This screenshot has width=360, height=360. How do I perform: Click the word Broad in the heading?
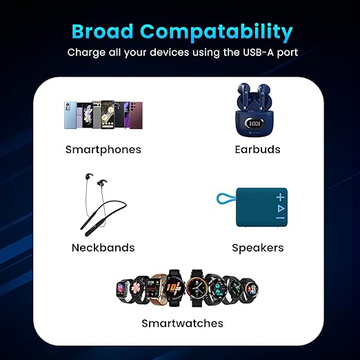pyautogui.click(x=103, y=31)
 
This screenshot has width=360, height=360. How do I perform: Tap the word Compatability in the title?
pyautogui.click(x=217, y=33)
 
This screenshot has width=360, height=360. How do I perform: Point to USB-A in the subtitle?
pyautogui.click(x=259, y=52)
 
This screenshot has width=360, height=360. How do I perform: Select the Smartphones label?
pyautogui.click(x=103, y=150)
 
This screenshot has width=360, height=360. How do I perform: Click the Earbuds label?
pyautogui.click(x=257, y=150)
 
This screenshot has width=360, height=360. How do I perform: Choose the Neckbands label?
pyautogui.click(x=103, y=248)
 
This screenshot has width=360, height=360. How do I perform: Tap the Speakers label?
pyautogui.click(x=258, y=248)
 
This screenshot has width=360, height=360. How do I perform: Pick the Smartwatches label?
pyautogui.click(x=182, y=323)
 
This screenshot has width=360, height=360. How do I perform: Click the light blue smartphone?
pyautogui.click(x=70, y=115)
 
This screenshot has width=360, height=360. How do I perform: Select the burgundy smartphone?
pyautogui.click(x=136, y=116)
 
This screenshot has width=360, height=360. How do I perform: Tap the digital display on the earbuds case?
pyautogui.click(x=254, y=124)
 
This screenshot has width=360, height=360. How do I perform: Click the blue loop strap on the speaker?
pyautogui.click(x=226, y=198)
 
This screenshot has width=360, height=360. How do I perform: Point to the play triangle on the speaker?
pyautogui.click(x=281, y=208)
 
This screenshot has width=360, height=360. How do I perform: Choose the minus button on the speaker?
pyautogui.click(x=281, y=218)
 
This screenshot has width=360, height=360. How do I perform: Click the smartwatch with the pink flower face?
pyautogui.click(x=137, y=288)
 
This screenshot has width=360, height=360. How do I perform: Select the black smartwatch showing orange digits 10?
pyautogui.click(x=174, y=288)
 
